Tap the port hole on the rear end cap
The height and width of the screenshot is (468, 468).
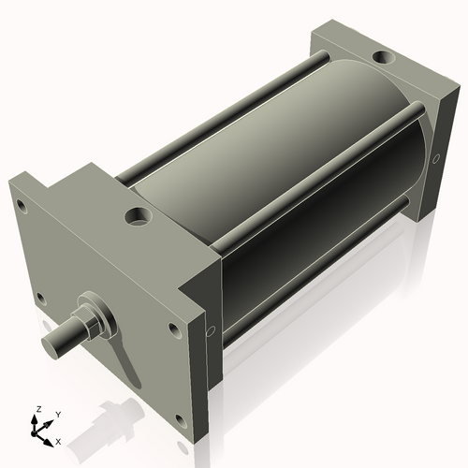pos(383,59)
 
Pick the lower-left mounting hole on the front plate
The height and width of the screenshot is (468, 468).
pos(40,300)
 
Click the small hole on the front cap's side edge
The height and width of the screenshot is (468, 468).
pos(211,330)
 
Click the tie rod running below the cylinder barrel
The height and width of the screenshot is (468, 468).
pos(309,281)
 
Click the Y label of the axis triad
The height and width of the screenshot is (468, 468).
pos(58,414)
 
